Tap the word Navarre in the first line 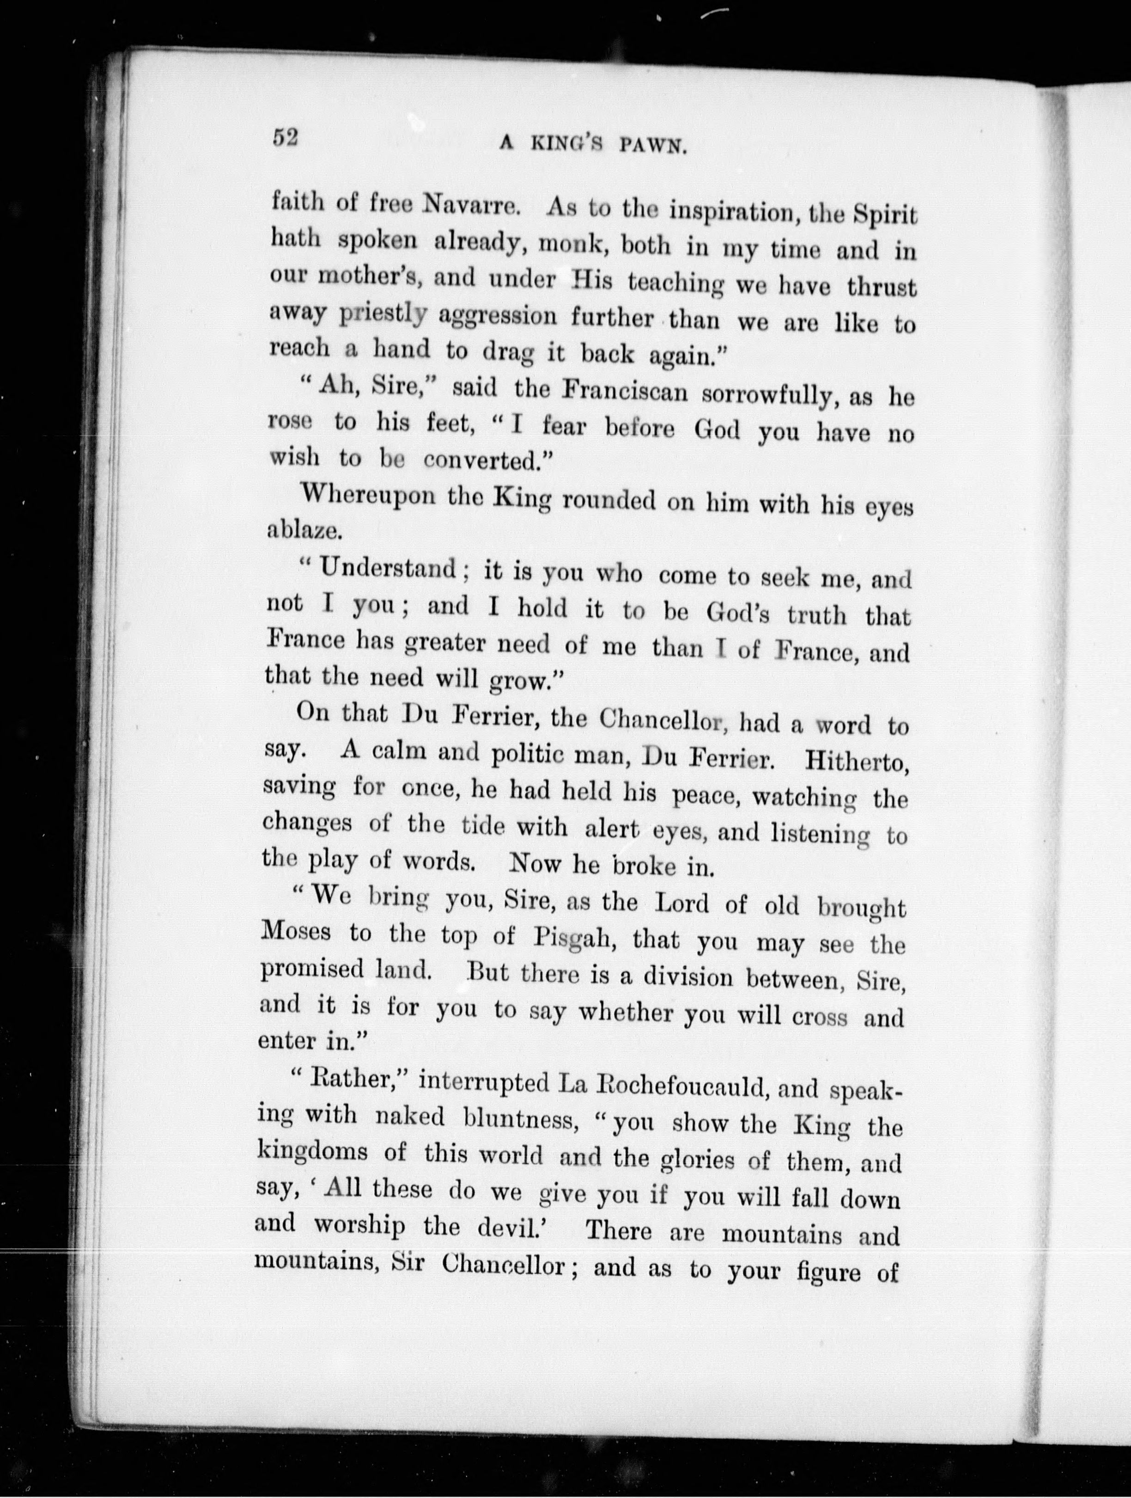point(470,204)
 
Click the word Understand point(389,568)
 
